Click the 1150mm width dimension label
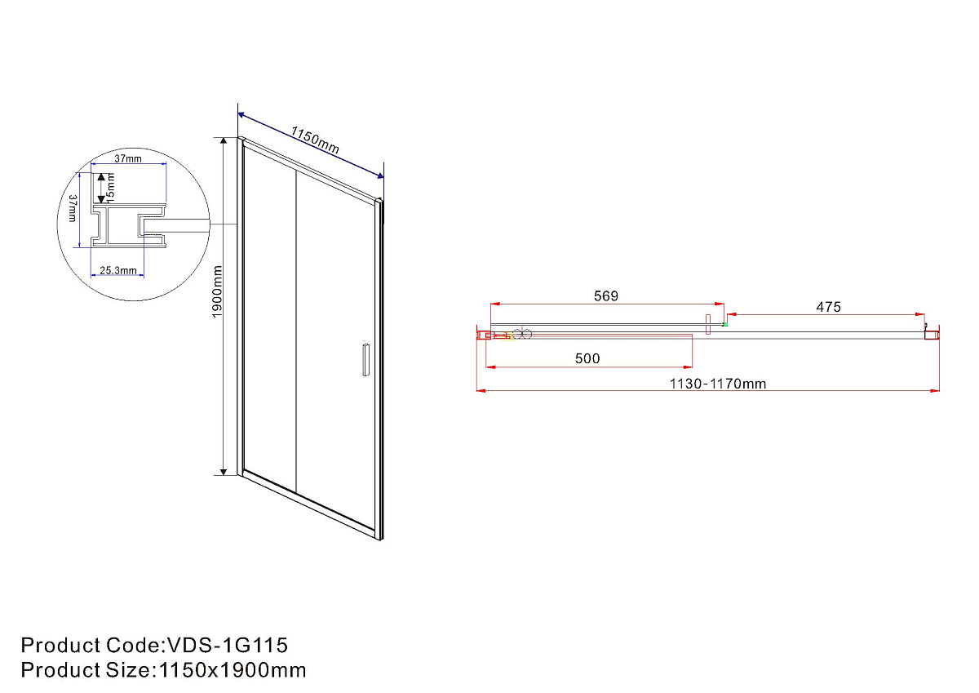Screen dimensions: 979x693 [x=315, y=140]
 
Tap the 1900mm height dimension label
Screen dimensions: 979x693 [x=217, y=291]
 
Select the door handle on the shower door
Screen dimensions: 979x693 [x=365, y=360]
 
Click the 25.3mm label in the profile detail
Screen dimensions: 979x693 [x=118, y=271]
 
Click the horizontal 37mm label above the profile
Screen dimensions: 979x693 [x=128, y=158]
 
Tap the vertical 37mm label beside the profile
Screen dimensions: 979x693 [x=73, y=208]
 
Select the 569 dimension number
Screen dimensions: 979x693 [x=605, y=296]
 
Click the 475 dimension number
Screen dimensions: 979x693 [x=828, y=307]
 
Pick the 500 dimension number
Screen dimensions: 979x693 [x=587, y=358]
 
